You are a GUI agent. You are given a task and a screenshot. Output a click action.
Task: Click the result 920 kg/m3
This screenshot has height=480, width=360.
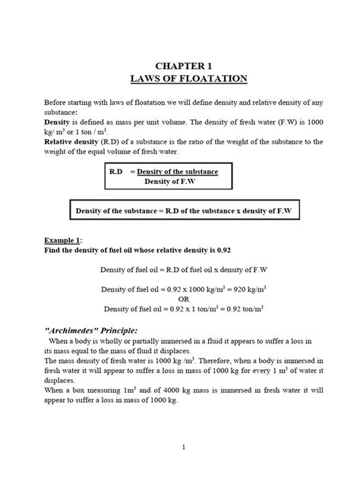point(232,289)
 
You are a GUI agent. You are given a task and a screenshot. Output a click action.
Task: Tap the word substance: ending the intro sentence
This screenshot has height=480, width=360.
point(66,112)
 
